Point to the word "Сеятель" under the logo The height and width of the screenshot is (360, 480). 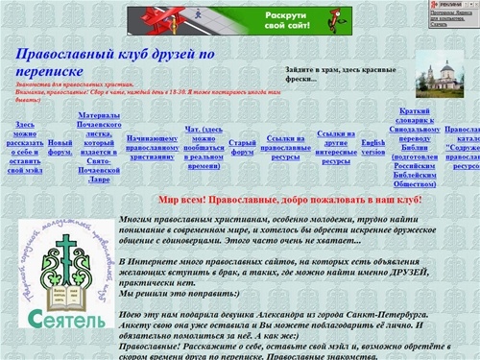point(60,318)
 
